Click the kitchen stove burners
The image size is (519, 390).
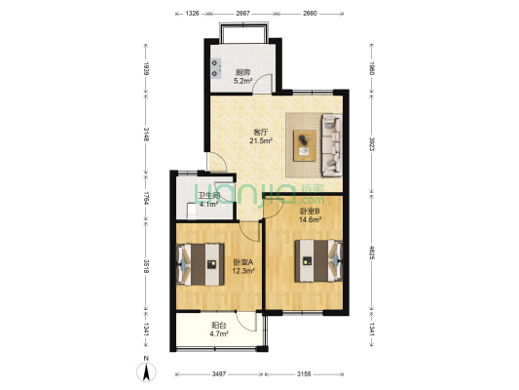click(212, 69)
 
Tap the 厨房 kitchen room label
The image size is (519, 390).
click(243, 70)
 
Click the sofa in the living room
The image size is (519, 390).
click(331, 143)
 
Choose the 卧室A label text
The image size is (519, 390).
click(243, 260)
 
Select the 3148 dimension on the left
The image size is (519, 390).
click(146, 133)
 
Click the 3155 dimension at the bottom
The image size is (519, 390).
click(305, 373)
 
